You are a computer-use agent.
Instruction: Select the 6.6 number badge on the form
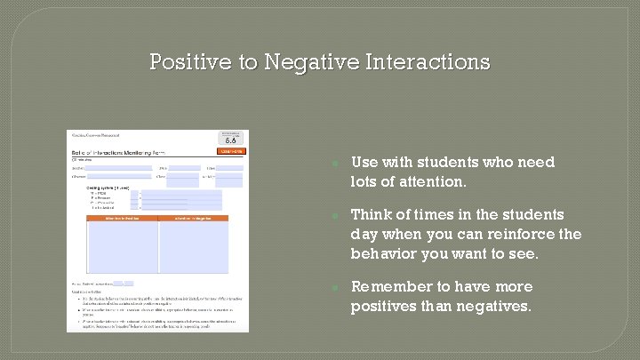[x=230, y=140]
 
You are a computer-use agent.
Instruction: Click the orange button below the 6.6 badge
[x=230, y=151]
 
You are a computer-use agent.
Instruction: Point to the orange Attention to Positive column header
[x=122, y=218]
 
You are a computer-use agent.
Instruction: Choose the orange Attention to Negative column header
[x=192, y=218]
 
